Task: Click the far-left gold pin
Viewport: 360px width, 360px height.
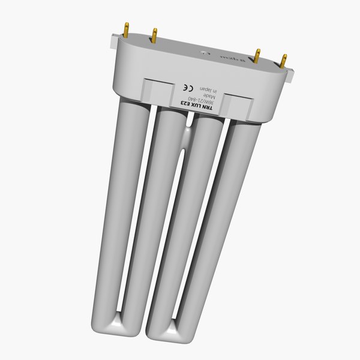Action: [x=126, y=28]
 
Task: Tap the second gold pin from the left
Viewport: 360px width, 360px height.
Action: [x=154, y=36]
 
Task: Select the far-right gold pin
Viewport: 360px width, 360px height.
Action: [x=283, y=61]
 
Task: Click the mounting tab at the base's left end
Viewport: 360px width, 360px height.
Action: [x=113, y=42]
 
